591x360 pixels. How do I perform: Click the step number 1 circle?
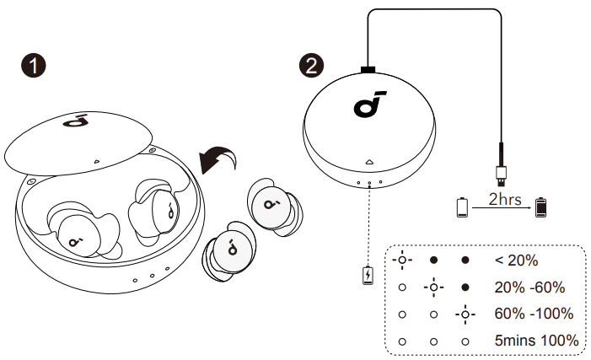coord(34,66)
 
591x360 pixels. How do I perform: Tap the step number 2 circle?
coord(311,66)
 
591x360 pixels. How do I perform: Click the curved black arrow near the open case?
coord(218,160)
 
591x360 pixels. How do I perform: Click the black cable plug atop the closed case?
coord(368,70)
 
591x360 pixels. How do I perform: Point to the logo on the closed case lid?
coord(369,104)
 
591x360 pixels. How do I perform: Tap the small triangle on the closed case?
coord(369,162)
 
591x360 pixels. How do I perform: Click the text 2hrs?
coord(505,200)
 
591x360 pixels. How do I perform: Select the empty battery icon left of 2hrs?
coord(462,207)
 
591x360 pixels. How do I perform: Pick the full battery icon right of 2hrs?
coord(541,207)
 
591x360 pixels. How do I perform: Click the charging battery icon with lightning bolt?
coord(368,275)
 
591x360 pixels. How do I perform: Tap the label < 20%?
coord(516,261)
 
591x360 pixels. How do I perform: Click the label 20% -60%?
coord(529,287)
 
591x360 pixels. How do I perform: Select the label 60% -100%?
coord(534,314)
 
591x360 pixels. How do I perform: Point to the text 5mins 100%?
coord(536,341)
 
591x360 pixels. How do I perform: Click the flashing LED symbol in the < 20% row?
coord(402,260)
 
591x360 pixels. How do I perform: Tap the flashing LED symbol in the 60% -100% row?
coord(465,314)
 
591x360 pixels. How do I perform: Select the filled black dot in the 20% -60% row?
coord(465,287)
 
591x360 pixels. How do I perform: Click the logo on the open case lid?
coord(75,121)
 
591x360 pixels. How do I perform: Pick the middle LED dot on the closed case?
coord(369,183)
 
